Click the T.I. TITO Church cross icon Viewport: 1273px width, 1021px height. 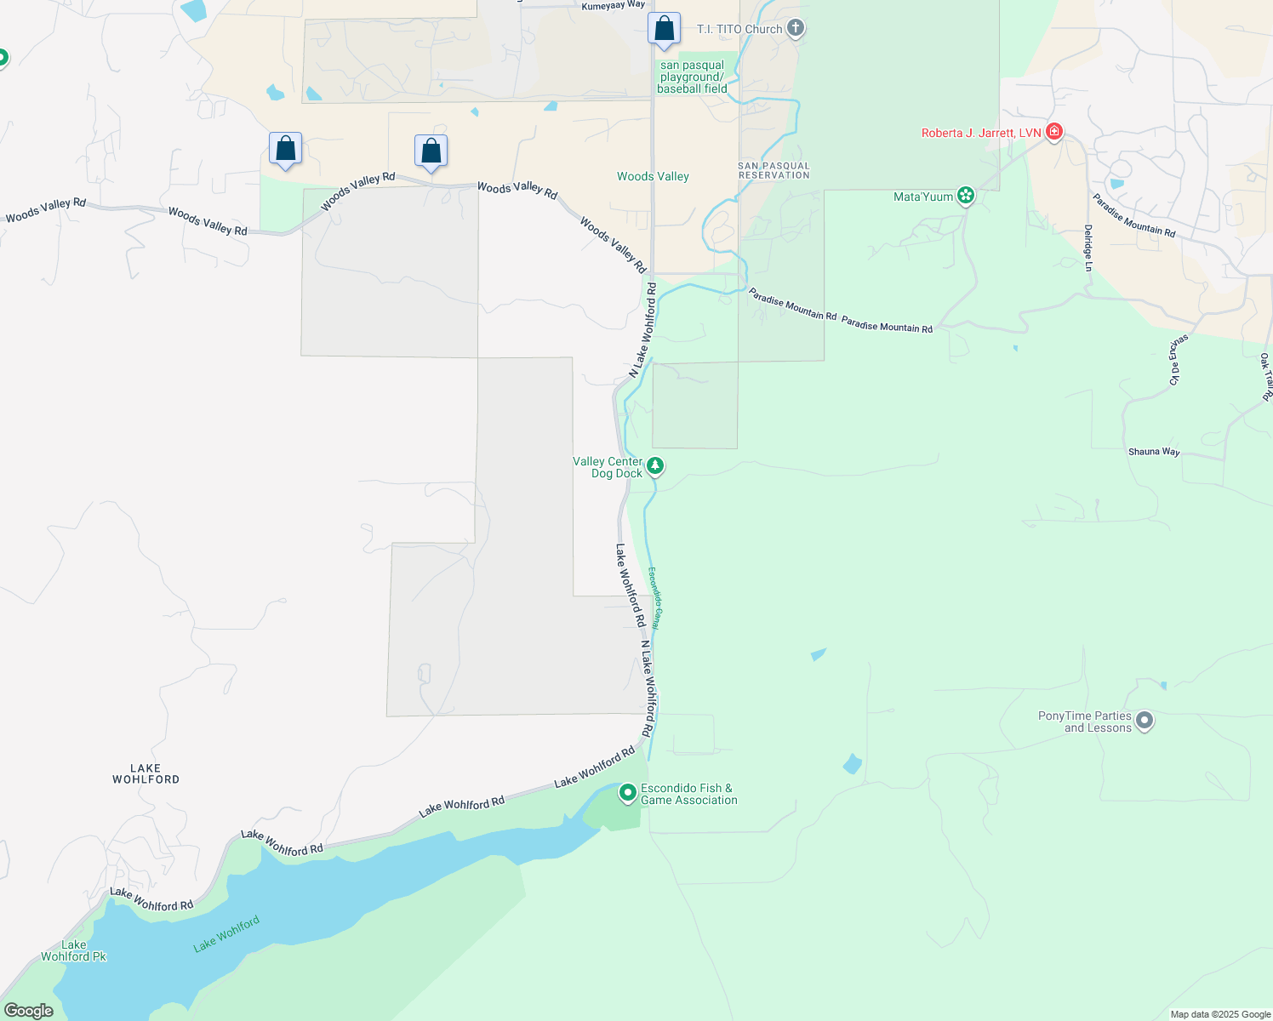pos(796,29)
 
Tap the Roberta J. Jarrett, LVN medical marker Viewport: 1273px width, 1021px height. pos(1054,132)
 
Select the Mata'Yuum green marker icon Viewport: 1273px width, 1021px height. pos(966,197)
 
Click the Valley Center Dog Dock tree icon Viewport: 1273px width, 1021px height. pos(654,465)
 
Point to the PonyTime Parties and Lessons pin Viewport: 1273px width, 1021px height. pos(1145,722)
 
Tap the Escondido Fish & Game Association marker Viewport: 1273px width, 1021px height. pos(628,793)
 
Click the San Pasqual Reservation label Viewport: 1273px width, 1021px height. pos(774,171)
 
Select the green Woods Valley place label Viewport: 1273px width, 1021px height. pos(653,177)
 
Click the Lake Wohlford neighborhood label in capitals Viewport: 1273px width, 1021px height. pos(146,773)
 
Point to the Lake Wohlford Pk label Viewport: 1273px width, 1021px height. pos(73,951)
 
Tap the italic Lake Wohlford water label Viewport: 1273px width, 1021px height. pos(225,934)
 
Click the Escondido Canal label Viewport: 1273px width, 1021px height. pos(654,598)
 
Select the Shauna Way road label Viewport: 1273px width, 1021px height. pos(1154,452)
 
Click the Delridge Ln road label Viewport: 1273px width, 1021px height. pos(1088,248)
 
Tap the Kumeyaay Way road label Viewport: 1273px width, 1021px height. pos(613,5)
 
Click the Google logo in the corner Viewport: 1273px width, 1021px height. pos(29,1011)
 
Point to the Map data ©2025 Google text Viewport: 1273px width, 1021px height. pos(1220,1014)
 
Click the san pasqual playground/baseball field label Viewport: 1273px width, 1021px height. pos(692,77)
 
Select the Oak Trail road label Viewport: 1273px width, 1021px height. pos(1266,376)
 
